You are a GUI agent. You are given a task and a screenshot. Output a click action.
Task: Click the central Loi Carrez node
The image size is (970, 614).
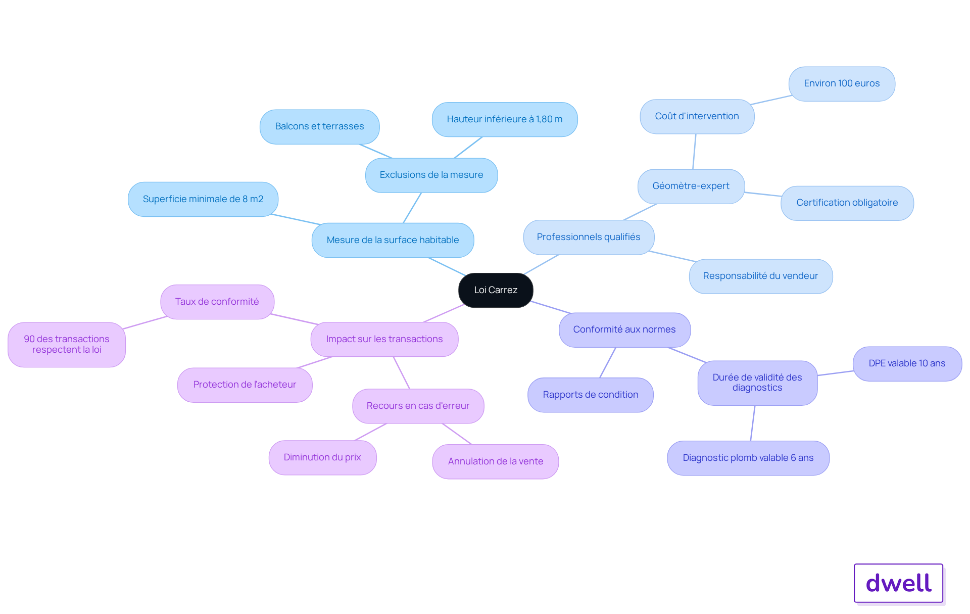(496, 290)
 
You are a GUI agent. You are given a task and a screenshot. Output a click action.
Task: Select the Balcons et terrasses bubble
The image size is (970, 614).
(319, 126)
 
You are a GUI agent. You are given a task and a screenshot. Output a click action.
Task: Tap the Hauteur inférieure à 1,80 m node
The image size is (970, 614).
(504, 119)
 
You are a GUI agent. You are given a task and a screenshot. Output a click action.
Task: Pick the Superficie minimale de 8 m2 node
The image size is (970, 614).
(203, 199)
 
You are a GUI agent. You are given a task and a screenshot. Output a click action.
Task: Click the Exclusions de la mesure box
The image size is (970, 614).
(431, 175)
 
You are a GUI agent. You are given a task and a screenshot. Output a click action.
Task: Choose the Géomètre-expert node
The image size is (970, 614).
(691, 186)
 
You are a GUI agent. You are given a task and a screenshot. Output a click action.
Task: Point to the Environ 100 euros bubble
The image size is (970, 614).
(842, 83)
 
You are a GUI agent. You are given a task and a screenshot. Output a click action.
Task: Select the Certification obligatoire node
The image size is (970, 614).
(847, 203)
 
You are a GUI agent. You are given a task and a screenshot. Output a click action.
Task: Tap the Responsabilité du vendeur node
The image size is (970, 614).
(760, 276)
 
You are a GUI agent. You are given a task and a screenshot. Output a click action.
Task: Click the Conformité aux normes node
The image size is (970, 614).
(624, 329)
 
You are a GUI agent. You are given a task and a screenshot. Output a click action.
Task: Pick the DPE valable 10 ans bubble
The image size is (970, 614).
(907, 363)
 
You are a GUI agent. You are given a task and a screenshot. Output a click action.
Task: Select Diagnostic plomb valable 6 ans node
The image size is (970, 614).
(748, 458)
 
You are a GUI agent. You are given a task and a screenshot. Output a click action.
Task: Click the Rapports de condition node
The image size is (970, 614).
(590, 395)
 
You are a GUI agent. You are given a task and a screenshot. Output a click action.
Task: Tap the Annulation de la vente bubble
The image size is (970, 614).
(495, 461)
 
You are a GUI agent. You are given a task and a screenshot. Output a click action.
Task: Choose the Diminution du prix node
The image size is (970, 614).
(322, 457)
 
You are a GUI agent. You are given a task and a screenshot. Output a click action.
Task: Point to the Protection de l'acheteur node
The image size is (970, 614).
(245, 385)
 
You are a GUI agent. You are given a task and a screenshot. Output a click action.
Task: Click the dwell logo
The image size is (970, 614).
(898, 583)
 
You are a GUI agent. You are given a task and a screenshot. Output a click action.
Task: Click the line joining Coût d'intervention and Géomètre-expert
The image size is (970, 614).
(694, 152)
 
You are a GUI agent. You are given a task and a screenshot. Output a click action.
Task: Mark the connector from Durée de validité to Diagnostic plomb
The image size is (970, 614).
(753, 423)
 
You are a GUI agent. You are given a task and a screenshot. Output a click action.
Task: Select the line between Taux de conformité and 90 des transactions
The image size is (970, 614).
(144, 323)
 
